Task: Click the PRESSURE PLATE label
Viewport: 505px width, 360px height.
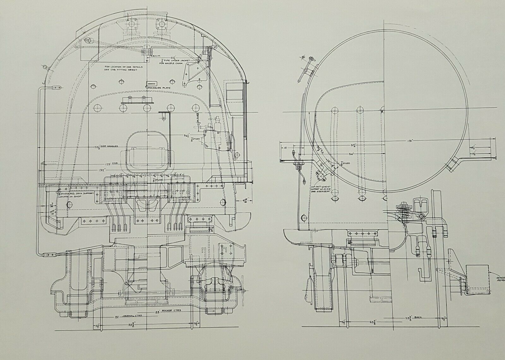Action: pyautogui.click(x=153, y=88)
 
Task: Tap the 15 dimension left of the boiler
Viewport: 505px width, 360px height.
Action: pyautogui.click(x=285, y=147)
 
